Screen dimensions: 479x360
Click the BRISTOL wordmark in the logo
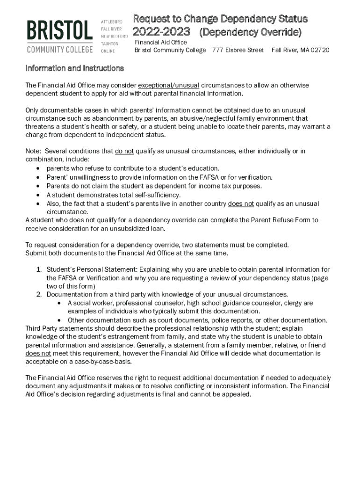59,31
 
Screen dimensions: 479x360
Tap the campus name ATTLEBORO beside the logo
112,22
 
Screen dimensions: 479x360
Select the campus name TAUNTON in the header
110,44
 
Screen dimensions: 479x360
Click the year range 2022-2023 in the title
161,32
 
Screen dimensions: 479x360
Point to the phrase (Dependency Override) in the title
250,33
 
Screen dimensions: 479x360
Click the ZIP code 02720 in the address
320,50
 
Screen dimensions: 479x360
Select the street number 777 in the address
218,50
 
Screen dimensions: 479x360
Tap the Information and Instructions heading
74,68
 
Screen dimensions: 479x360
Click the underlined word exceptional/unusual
168,85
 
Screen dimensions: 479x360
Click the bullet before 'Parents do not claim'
38,186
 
